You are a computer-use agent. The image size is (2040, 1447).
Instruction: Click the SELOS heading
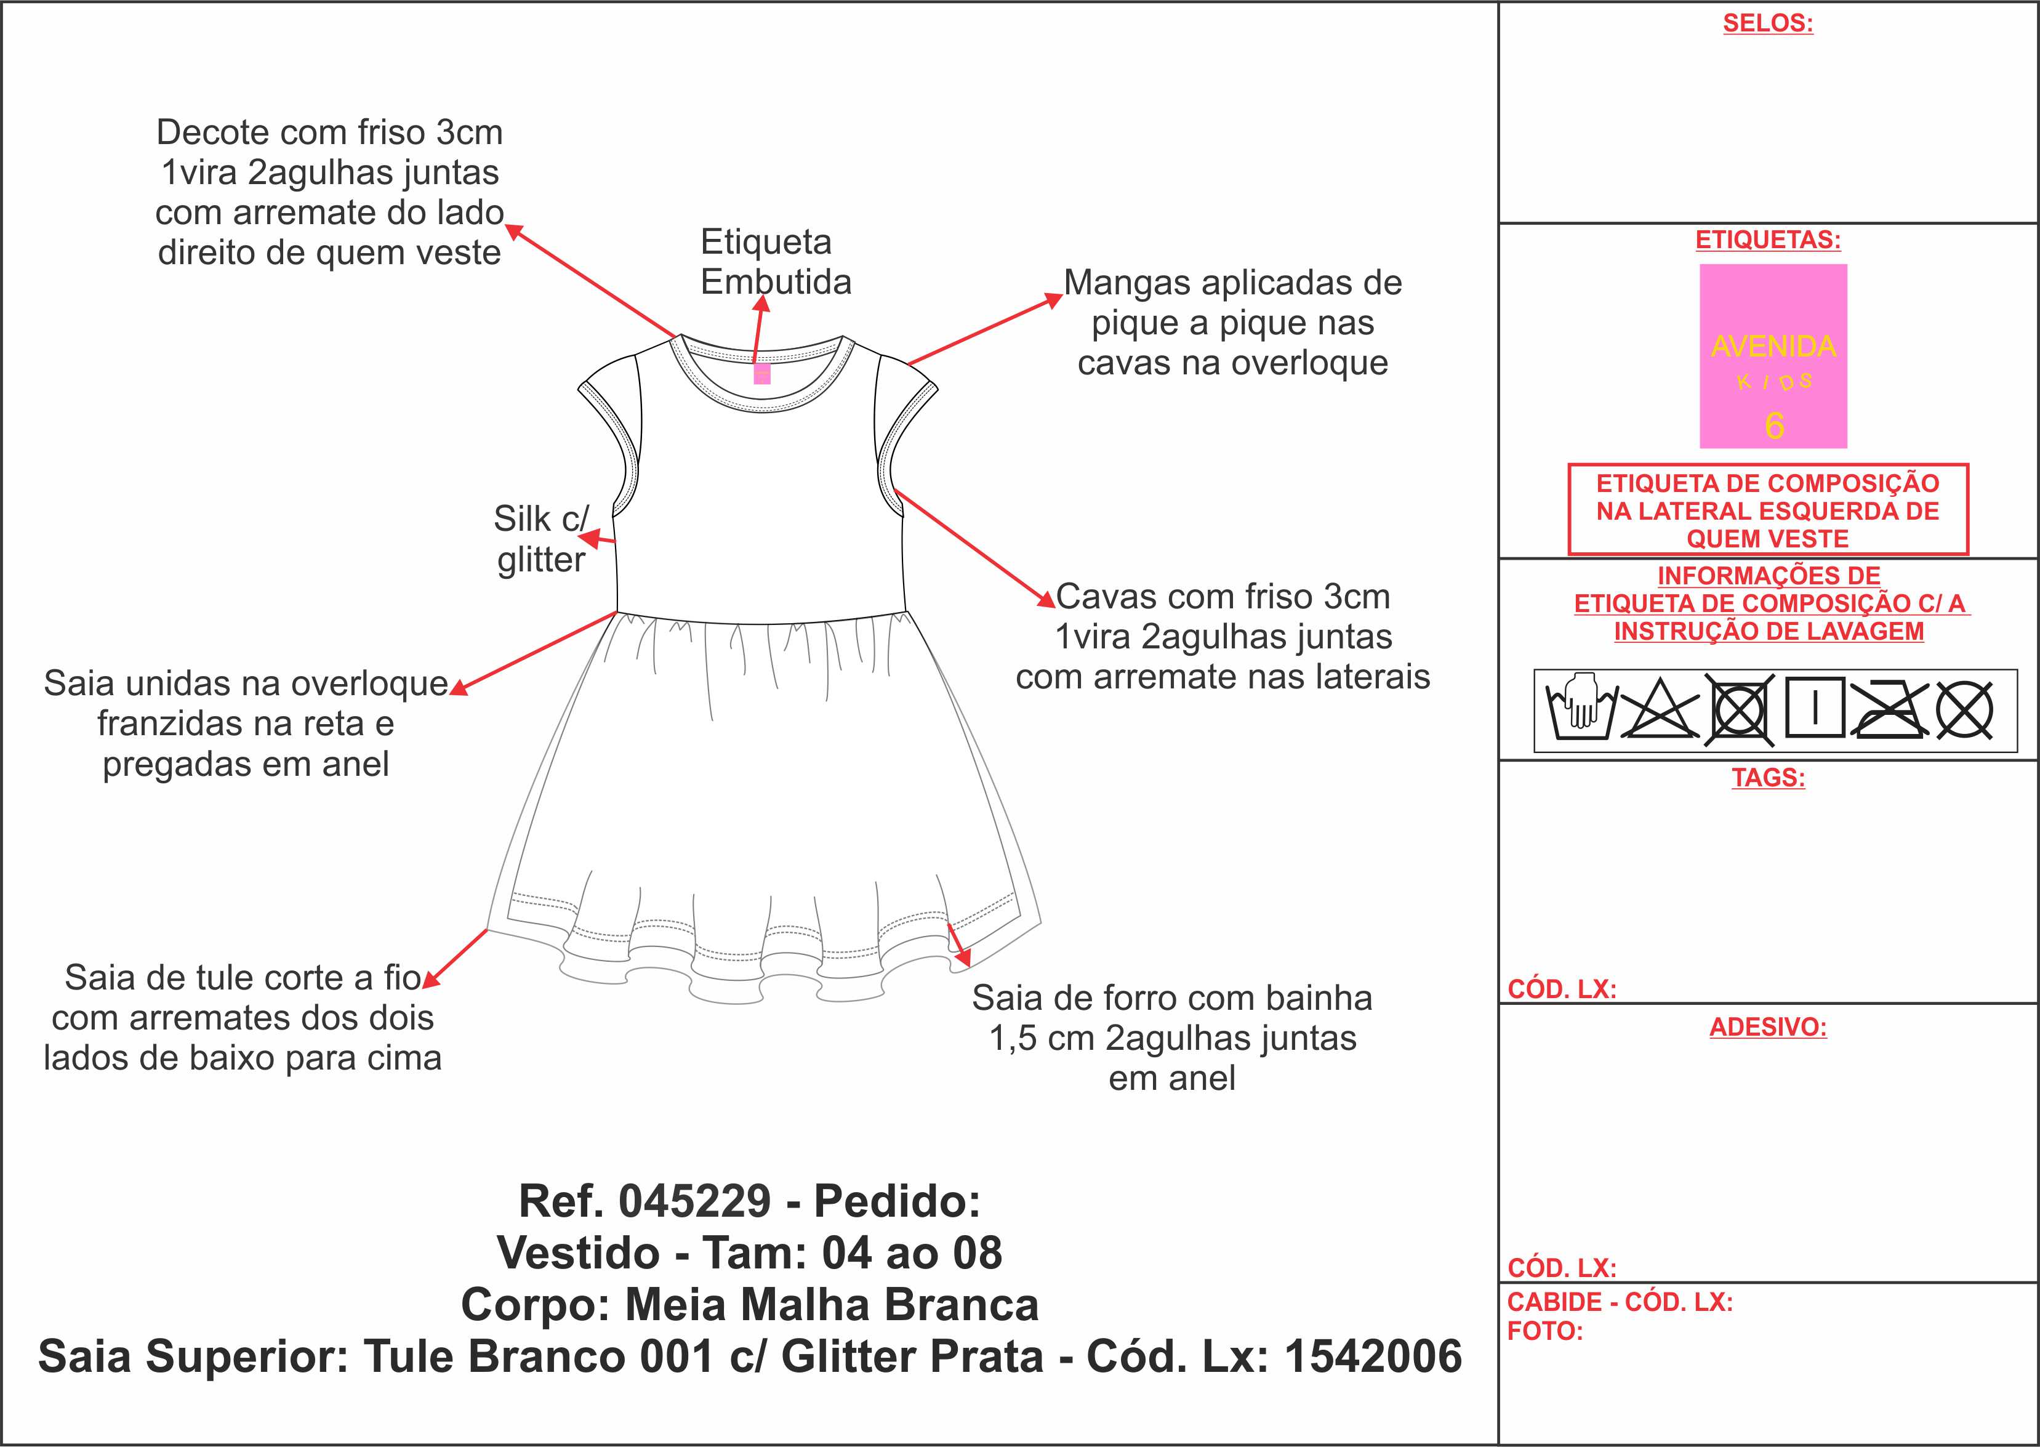[1767, 23]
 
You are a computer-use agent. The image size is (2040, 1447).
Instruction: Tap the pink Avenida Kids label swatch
[1773, 355]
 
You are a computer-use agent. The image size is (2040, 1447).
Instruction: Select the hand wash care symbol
[1581, 710]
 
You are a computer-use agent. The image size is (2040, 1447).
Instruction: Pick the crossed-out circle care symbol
[1964, 710]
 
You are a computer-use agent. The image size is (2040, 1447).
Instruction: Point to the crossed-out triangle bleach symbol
[1660, 710]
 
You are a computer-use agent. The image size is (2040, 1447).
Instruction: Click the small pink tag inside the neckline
[761, 373]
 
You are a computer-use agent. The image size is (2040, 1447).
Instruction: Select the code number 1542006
[1373, 1356]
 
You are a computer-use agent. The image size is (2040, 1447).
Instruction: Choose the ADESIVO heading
[1767, 1027]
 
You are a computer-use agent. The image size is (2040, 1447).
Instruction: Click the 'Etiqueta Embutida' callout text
[776, 261]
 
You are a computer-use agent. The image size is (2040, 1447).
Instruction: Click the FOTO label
[1544, 1331]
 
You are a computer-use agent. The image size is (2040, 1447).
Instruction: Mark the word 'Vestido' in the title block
[578, 1253]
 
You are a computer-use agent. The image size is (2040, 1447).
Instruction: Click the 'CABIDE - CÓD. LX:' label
[1620, 1302]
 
